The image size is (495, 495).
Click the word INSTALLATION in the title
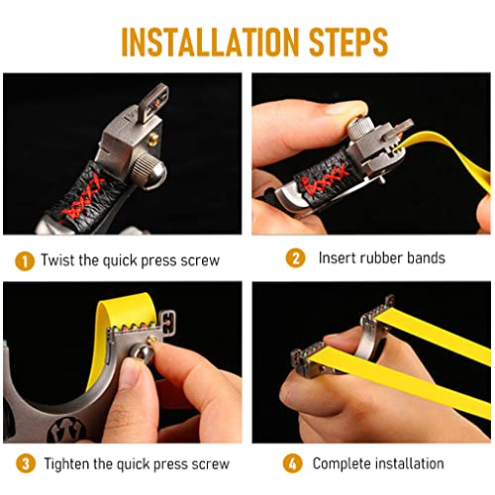210,42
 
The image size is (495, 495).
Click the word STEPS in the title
348,42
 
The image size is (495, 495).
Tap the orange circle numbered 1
25,261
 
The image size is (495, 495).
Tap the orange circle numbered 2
295,258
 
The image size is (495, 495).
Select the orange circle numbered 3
26,463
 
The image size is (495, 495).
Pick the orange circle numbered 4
292,463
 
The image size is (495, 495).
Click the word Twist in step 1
57,259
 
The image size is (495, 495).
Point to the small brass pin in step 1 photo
152,139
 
